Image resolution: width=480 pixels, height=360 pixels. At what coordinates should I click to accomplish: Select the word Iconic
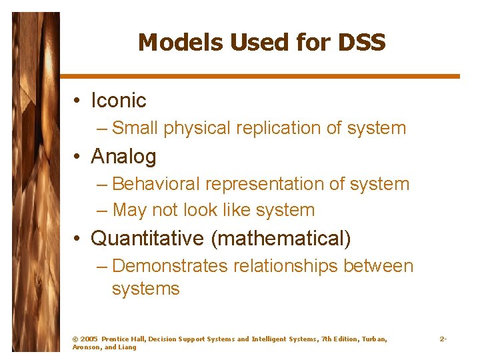pyautogui.click(x=118, y=101)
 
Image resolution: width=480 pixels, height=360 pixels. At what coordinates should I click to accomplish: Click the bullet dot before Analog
pyautogui.click(x=77, y=157)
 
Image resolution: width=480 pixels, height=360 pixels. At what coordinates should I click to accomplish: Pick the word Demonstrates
pyautogui.click(x=170, y=266)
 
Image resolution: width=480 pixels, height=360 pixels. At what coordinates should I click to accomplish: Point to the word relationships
pyautogui.click(x=285, y=266)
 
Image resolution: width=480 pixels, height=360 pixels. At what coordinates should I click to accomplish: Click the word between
pyautogui.click(x=378, y=266)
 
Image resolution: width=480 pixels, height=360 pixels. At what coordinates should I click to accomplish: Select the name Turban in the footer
pyautogui.click(x=373, y=339)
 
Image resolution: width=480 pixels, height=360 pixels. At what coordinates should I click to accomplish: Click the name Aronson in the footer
pyautogui.click(x=85, y=347)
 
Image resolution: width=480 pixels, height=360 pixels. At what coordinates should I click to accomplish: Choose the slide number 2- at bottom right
pyautogui.click(x=443, y=339)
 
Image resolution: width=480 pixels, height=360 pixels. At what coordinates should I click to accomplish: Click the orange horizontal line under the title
pyautogui.click(x=260, y=76)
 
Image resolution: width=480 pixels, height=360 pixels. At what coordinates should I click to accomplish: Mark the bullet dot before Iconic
pyautogui.click(x=77, y=101)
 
